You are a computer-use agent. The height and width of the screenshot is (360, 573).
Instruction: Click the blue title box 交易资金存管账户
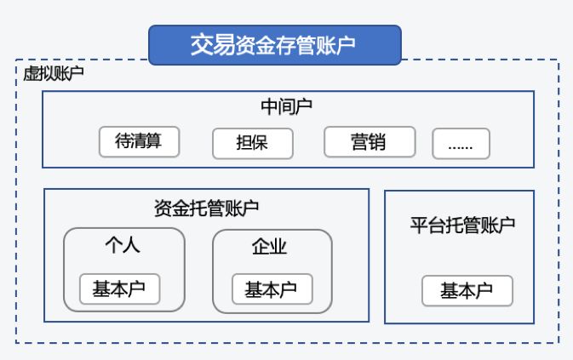(274, 45)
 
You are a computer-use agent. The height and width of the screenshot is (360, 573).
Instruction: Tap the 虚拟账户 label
(54, 74)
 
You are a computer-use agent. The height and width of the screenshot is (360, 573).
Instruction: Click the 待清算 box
(140, 141)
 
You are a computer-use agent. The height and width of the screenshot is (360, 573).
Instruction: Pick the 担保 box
(252, 143)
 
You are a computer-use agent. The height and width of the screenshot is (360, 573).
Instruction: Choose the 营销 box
(369, 142)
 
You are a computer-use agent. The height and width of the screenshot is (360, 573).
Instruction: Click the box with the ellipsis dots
(461, 144)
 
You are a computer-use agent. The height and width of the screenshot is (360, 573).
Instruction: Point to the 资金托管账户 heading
(206, 208)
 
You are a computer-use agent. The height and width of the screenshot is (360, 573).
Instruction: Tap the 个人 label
(123, 246)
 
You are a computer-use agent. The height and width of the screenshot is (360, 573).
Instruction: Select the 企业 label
(271, 247)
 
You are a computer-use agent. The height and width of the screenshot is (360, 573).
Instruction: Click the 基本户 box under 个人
(119, 289)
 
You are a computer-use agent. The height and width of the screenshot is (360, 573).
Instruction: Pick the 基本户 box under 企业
(271, 289)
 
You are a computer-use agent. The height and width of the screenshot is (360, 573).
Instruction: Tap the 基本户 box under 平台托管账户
(467, 291)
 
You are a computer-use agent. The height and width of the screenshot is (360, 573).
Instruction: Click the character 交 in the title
(200, 45)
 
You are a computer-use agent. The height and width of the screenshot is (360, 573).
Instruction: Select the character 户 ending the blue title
(347, 45)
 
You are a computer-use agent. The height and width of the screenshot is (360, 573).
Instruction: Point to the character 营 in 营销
(359, 142)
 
